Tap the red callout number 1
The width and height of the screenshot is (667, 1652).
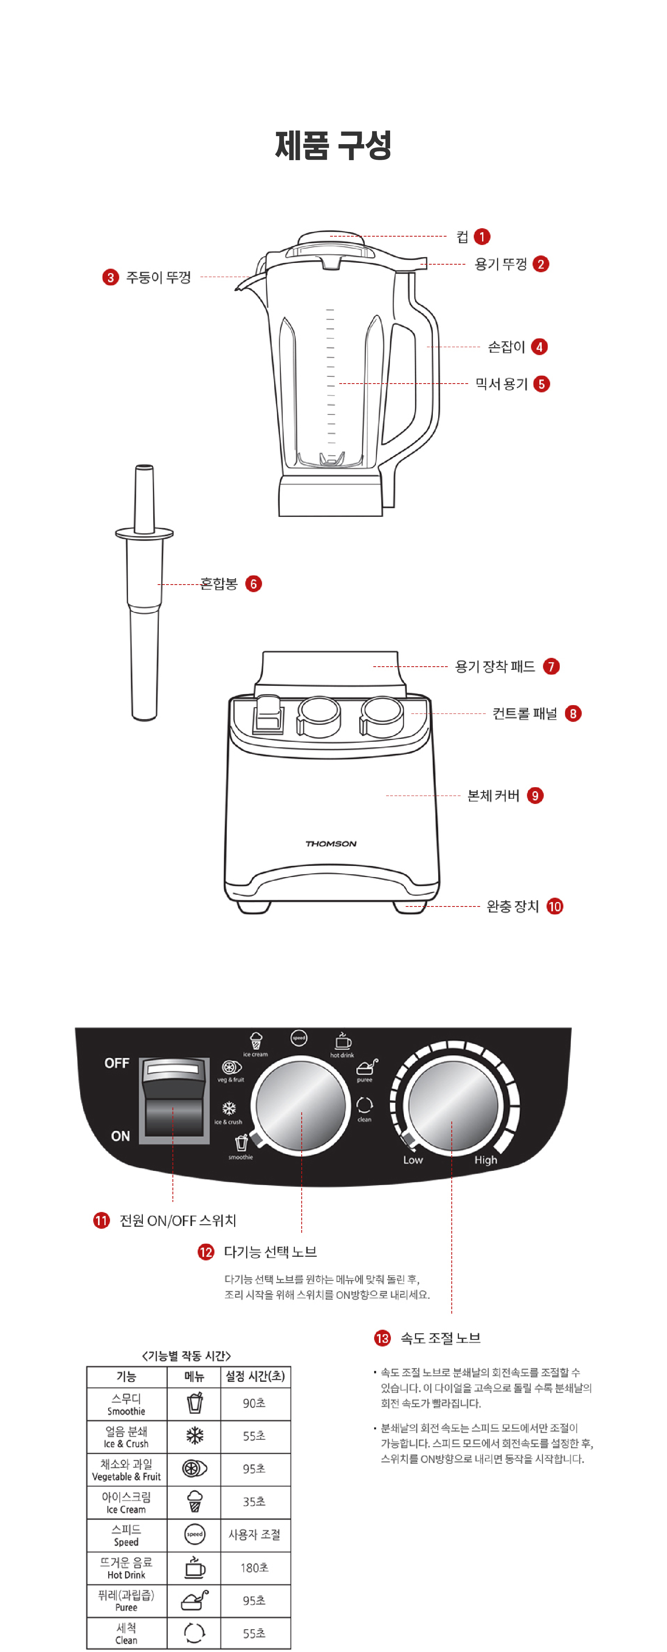click(482, 237)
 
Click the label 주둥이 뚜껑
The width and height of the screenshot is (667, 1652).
click(158, 277)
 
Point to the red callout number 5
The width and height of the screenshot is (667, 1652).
click(541, 384)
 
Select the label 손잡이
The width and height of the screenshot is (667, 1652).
click(506, 347)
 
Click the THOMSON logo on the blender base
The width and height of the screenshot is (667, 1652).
click(330, 843)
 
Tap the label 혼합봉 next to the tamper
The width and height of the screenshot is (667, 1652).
click(218, 584)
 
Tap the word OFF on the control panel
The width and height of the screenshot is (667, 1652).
click(116, 1063)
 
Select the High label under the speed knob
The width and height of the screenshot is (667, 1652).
click(486, 1160)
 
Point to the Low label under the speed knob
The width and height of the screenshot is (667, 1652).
click(413, 1160)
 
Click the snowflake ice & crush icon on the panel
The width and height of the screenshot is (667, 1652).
click(229, 1108)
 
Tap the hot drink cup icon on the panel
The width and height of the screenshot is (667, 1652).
click(343, 1040)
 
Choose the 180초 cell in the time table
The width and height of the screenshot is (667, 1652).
click(254, 1568)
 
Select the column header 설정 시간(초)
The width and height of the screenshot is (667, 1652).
click(254, 1376)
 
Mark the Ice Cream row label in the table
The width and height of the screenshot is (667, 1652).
click(126, 1502)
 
